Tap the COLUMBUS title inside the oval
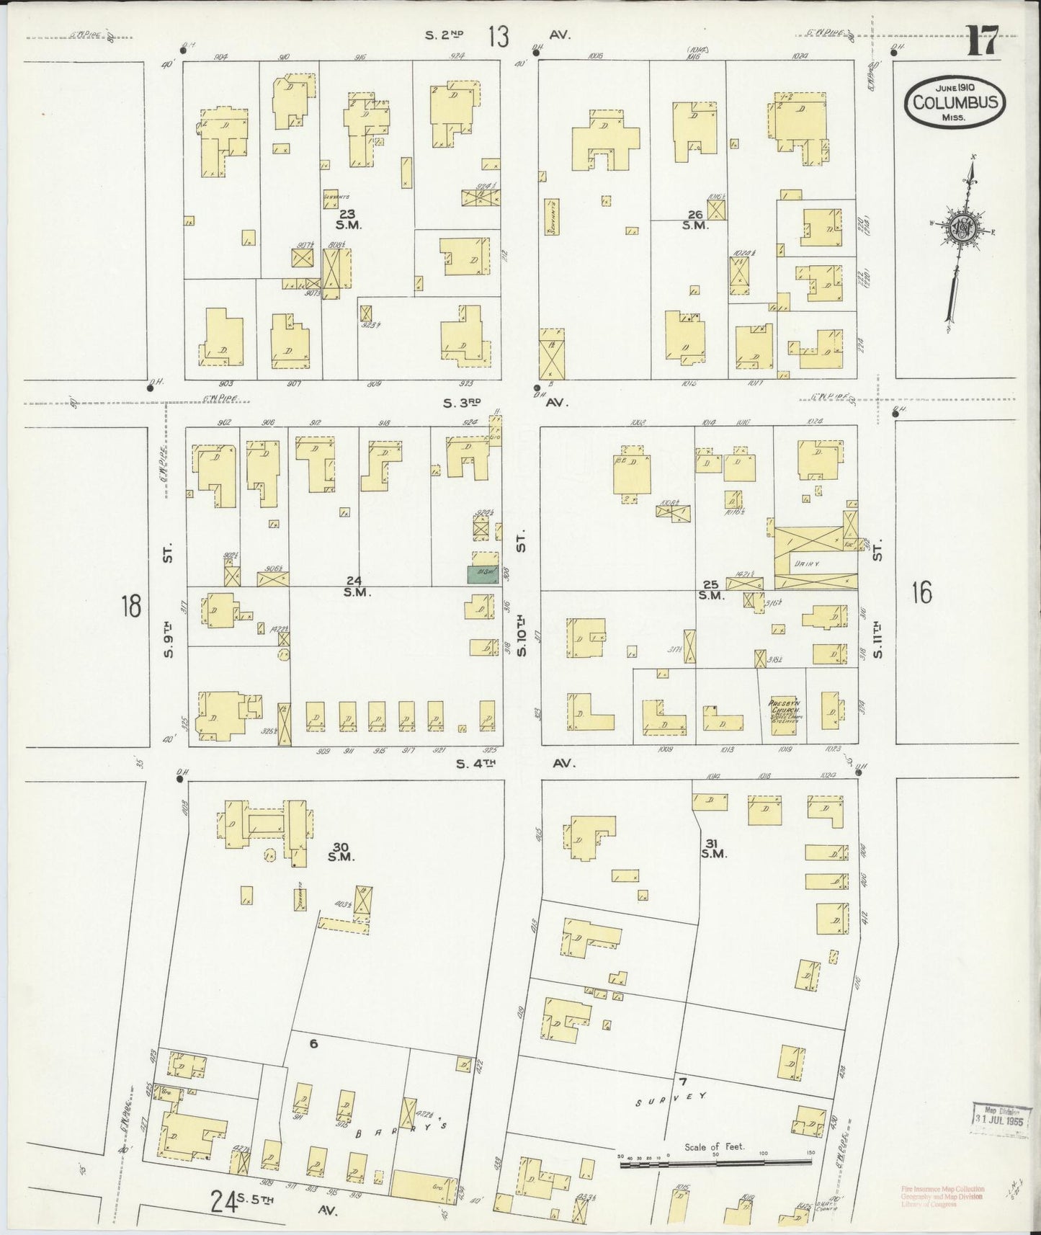(x=955, y=102)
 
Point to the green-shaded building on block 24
(x=484, y=574)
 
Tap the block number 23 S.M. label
(x=349, y=218)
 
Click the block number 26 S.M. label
(x=695, y=219)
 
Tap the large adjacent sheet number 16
(x=921, y=592)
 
